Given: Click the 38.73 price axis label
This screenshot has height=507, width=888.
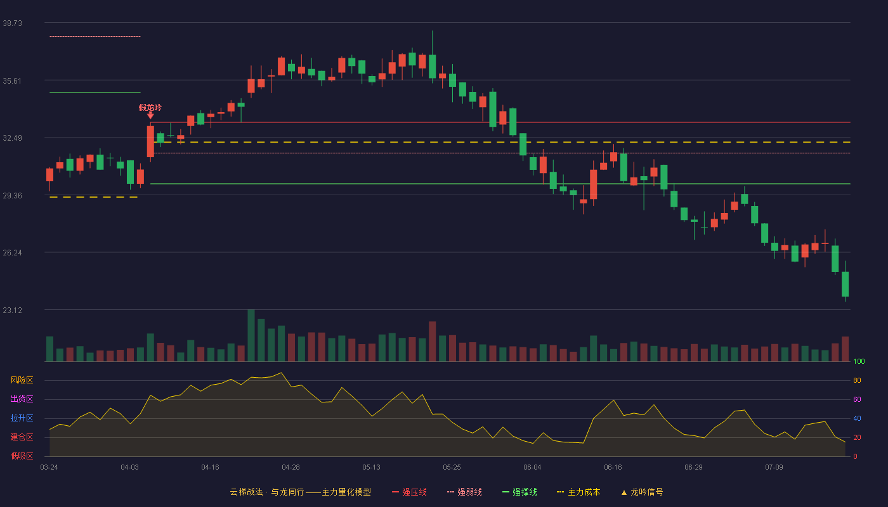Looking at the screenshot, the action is [x=12, y=23].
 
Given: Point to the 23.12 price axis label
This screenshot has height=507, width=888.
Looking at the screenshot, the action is [x=12, y=310].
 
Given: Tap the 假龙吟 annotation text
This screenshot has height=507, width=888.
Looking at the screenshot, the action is [x=150, y=107].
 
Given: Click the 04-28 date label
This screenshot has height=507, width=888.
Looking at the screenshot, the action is [x=291, y=468].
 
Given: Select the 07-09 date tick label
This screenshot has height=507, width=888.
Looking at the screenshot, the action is [x=774, y=468].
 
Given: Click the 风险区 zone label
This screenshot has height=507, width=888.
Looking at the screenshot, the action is [x=22, y=380].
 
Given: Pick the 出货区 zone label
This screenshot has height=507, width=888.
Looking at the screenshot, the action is [x=22, y=399].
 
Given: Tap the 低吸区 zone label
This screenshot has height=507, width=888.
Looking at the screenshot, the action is [x=22, y=456].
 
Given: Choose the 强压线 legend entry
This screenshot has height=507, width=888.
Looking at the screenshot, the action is [x=409, y=492].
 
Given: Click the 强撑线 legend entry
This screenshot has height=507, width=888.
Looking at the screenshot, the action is [x=519, y=492].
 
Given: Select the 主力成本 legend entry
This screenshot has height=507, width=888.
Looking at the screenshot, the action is [x=578, y=492].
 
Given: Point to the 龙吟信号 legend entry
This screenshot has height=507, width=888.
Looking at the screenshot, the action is [x=642, y=492].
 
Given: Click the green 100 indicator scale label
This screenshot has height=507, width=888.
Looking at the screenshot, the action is [x=859, y=361].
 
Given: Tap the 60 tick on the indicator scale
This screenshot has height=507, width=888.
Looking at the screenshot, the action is [x=857, y=399].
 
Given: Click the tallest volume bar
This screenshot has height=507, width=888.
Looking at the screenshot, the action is [x=251, y=335].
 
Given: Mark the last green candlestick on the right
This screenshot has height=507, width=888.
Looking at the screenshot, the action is [x=845, y=284].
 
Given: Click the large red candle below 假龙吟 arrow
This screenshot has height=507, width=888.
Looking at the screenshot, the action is [x=150, y=141].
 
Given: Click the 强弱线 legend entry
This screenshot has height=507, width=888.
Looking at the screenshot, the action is [x=464, y=492].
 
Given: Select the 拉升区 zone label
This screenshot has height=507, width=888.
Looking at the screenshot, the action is [x=22, y=418].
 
